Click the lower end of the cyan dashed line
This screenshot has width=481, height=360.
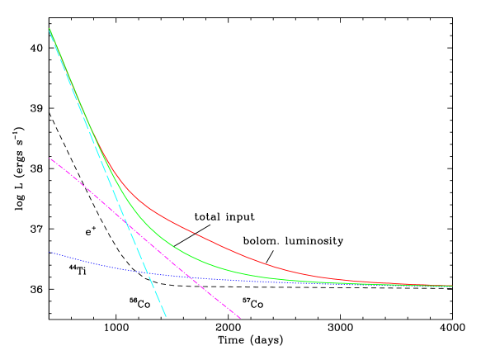tap(166, 316)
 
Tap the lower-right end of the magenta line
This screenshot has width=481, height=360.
tap(240, 318)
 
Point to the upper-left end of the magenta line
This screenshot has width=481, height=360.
tap(50, 158)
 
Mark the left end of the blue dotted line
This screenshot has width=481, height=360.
tap(50, 252)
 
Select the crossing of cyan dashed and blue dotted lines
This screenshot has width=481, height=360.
tap(148, 272)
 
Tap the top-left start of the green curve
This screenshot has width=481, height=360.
tap(50, 29)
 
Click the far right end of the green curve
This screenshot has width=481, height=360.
tap(452, 286)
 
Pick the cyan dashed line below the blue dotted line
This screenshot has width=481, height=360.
tap(158, 296)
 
